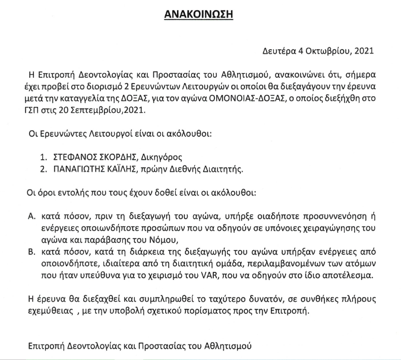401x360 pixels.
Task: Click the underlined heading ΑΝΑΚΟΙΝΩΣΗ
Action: click(x=199, y=13)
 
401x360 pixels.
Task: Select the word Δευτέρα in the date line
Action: click(x=280, y=52)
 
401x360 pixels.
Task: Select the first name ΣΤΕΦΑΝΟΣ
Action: click(x=77, y=159)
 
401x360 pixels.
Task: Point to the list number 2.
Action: click(x=42, y=170)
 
